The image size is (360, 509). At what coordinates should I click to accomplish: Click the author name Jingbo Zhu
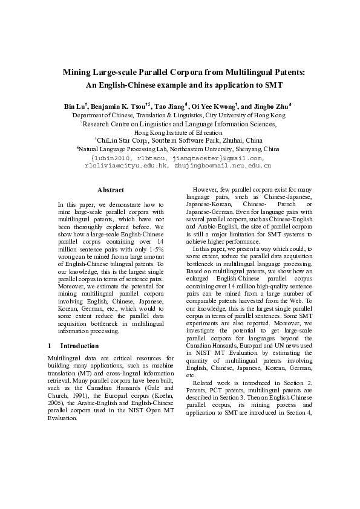[x=273, y=106]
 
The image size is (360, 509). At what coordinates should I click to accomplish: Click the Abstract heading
[x=111, y=190]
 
